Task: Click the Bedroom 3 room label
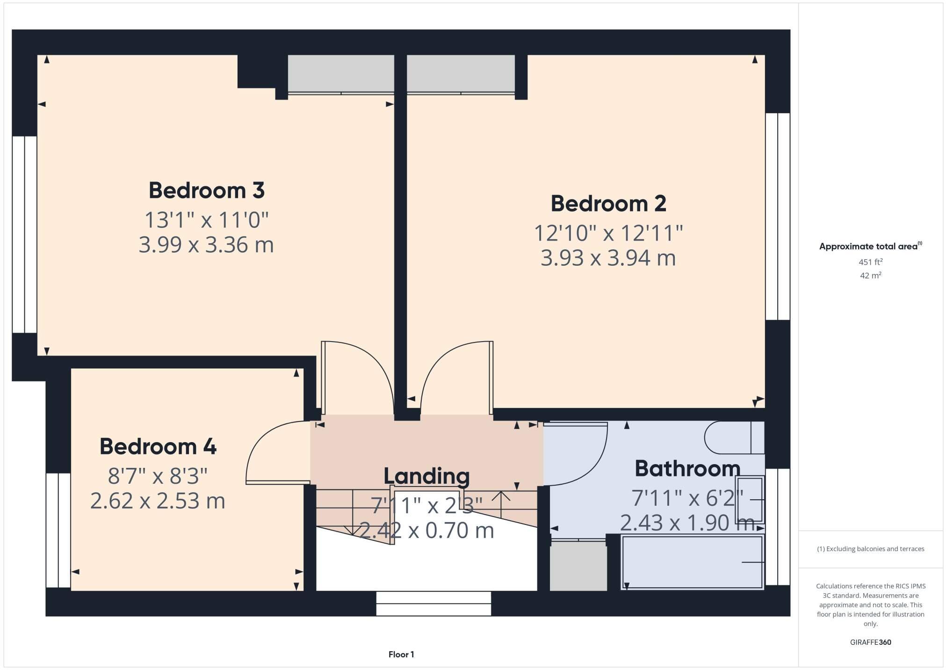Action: click(206, 190)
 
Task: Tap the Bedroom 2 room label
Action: click(608, 204)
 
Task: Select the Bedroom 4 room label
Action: click(158, 446)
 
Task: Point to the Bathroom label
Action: click(687, 468)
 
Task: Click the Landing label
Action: click(426, 476)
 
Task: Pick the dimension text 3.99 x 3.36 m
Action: click(206, 245)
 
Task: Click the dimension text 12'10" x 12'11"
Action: click(608, 233)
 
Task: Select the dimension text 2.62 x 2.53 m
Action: click(158, 501)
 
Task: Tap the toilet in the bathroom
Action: click(733, 438)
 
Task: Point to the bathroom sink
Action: click(750, 500)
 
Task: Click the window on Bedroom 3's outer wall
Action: click(24, 234)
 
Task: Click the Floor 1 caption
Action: click(401, 654)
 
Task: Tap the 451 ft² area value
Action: click(870, 262)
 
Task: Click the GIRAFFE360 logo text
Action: click(870, 642)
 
